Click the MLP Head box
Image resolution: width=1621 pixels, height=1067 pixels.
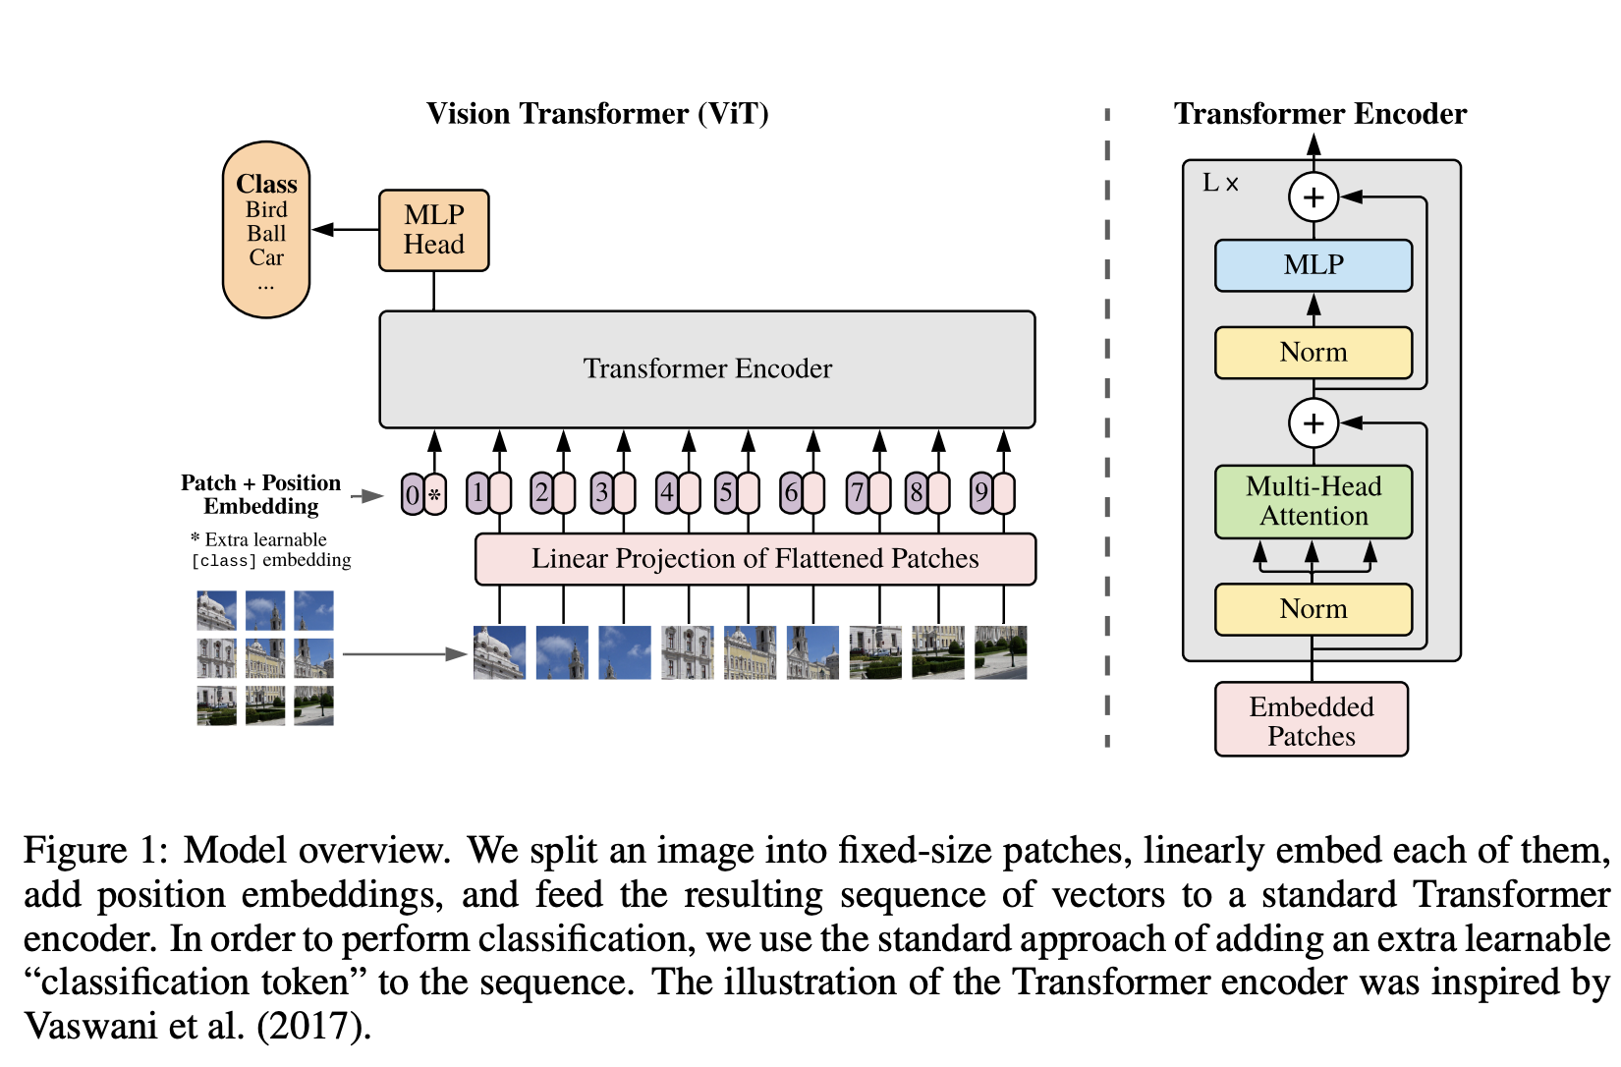(x=433, y=230)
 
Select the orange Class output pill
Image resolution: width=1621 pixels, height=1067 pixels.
(x=266, y=230)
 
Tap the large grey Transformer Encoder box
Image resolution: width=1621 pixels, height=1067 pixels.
(x=707, y=369)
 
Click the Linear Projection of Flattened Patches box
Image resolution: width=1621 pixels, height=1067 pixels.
(x=755, y=559)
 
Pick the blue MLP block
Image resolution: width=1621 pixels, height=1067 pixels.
(x=1314, y=265)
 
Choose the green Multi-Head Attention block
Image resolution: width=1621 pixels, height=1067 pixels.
(x=1314, y=501)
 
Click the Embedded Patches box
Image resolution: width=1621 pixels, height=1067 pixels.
(x=1312, y=720)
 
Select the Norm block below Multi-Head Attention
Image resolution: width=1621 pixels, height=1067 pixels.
(x=1314, y=609)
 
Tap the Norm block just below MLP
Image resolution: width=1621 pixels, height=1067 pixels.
(x=1314, y=353)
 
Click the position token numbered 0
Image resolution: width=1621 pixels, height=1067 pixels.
(x=413, y=494)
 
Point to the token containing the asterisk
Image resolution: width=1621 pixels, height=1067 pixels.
(x=434, y=494)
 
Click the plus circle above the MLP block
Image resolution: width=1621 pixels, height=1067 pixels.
(x=1314, y=197)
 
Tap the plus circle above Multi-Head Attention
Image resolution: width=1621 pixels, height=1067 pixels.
(x=1314, y=423)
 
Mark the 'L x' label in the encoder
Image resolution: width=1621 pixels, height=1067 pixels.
(x=1221, y=184)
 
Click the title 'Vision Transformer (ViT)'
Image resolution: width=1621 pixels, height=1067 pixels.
(x=597, y=114)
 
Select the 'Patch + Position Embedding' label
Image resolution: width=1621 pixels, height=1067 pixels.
(x=261, y=494)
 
